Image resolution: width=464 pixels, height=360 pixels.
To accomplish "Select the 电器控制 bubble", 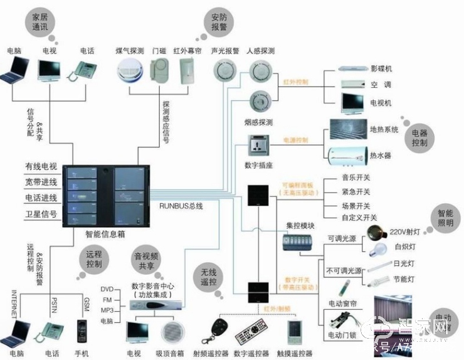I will click(418, 138).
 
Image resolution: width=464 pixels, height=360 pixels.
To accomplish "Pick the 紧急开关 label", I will click(356, 192).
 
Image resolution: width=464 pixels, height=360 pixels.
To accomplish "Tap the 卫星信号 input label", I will click(41, 214).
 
